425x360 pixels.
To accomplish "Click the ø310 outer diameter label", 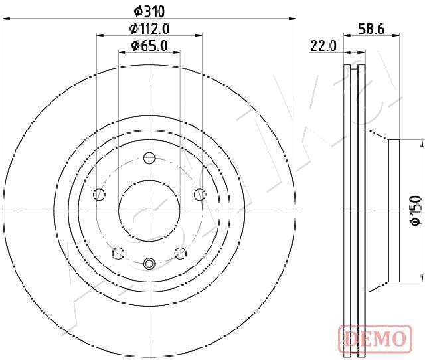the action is [x=149, y=11].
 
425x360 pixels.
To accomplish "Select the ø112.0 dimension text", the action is [x=149, y=29].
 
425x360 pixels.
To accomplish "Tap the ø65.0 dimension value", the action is [x=149, y=46].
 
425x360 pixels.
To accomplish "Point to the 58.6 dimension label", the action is [x=371, y=29].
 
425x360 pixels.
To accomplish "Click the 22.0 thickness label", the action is [x=323, y=46].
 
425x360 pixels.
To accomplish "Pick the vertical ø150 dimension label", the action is [x=416, y=211].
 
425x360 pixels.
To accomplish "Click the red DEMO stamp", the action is [x=375, y=338].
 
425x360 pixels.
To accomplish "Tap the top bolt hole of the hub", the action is [x=149, y=158].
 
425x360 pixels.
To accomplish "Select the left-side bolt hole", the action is [x=99, y=195].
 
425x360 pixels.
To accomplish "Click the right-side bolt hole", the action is [x=200, y=195].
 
